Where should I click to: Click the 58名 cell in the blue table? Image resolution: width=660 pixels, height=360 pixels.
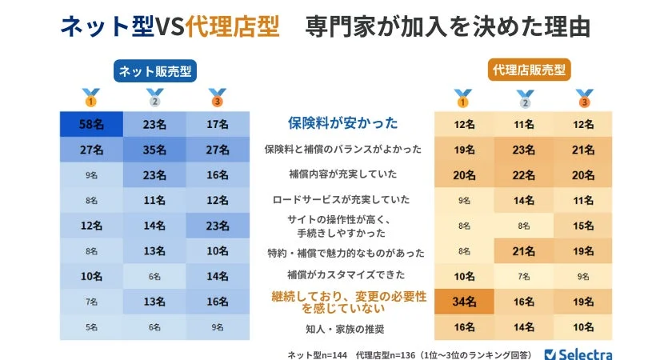(90, 124)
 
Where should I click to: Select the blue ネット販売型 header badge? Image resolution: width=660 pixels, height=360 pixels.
(154, 70)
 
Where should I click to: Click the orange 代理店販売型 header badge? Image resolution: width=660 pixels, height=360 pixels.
(529, 70)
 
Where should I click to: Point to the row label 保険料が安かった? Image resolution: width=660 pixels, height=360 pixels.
(342, 123)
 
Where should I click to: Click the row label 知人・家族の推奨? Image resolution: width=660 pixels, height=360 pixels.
(342, 327)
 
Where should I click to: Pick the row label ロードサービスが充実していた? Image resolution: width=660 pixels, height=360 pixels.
(342, 200)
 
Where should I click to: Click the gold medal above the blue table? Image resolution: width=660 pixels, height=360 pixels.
(91, 98)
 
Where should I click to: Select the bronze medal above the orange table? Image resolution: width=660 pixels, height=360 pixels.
(585, 98)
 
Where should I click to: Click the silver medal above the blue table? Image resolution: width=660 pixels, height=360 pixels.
(154, 98)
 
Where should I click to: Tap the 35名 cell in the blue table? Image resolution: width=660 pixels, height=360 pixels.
(154, 150)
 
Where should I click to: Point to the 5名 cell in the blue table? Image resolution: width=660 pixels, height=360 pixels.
(90, 327)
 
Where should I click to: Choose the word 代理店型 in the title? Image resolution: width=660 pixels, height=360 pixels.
(232, 26)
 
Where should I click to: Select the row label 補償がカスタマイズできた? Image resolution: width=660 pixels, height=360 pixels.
(342, 276)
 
